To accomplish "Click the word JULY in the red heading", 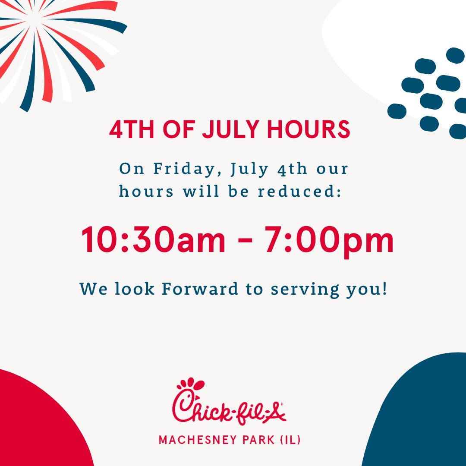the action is pos(230,129).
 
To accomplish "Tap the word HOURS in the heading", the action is pos(309,129).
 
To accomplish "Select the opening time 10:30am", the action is pos(153,239).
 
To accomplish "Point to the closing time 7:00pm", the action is pos(329,241).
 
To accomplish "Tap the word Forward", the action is pos(200,289).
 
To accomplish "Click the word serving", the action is pos(305,290).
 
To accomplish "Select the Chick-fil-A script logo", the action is pos(229,402).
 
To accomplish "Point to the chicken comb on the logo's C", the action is pos(191,384).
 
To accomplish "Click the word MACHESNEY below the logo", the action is pos(198,440).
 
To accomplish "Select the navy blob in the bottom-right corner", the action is pos(422,416).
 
